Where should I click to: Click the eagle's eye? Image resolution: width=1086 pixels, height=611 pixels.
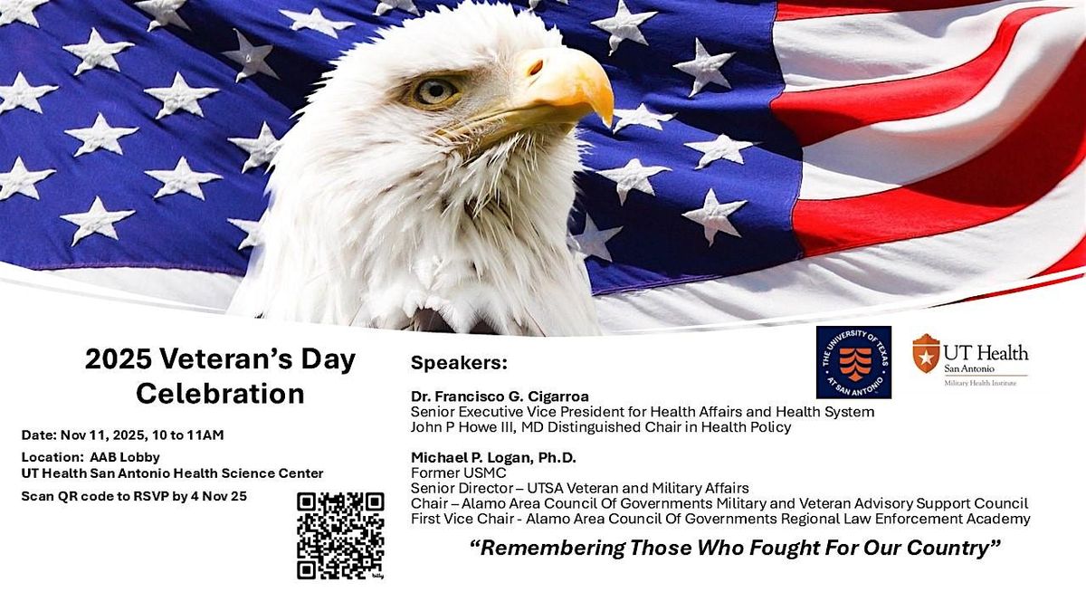437,90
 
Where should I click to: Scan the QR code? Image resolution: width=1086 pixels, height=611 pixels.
340,535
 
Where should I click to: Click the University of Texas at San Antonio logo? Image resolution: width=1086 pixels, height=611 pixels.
853,362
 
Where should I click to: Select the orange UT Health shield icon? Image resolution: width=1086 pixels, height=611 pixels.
925,354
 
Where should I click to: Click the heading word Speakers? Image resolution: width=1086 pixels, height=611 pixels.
459,363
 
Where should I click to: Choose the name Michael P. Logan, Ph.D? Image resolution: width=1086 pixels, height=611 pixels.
493,457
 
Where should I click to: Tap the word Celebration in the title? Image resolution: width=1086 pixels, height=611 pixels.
220,394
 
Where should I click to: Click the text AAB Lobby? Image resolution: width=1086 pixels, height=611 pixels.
106,457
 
